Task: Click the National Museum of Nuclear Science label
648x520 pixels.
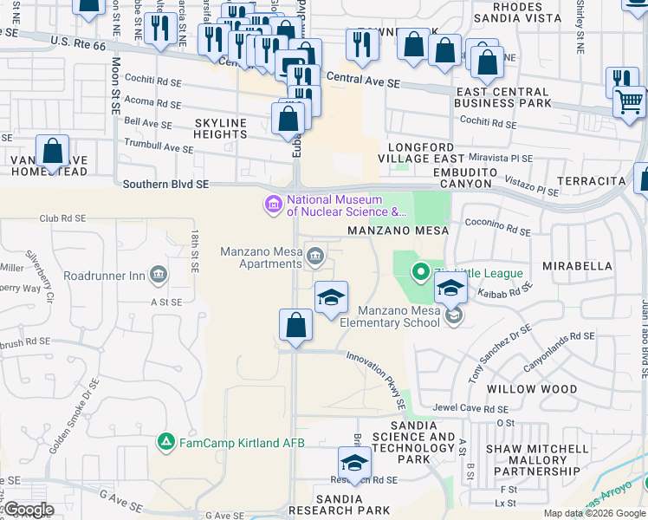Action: coord(347,205)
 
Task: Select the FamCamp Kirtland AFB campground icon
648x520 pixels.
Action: coord(165,442)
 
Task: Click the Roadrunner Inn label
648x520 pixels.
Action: coord(106,276)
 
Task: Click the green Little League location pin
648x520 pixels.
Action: coord(421,273)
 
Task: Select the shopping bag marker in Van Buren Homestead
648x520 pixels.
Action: coord(53,152)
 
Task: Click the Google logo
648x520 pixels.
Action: coord(29,510)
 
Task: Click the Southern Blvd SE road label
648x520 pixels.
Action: coord(165,184)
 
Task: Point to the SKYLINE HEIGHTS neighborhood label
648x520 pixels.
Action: coord(221,128)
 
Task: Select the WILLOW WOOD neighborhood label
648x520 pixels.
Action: coord(531,389)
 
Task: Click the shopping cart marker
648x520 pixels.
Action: coord(630,101)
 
